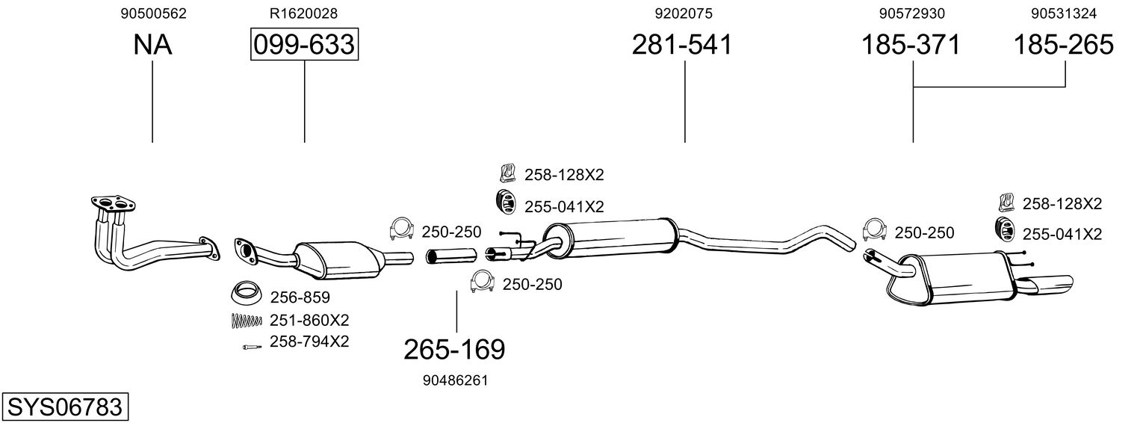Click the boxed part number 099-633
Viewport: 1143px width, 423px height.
[304, 45]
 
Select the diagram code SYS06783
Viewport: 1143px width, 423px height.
[64, 407]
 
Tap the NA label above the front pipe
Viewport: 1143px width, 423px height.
[152, 45]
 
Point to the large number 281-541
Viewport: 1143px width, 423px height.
[681, 45]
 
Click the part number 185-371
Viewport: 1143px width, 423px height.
[910, 45]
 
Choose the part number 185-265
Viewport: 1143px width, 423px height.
[1062, 45]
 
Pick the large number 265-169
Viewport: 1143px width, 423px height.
[454, 349]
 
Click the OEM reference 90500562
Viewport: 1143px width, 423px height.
[153, 13]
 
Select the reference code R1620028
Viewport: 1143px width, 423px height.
[304, 13]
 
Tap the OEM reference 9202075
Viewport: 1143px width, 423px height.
[683, 13]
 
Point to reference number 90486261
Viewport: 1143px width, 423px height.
[454, 380]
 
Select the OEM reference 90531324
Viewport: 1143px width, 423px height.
[1063, 13]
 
